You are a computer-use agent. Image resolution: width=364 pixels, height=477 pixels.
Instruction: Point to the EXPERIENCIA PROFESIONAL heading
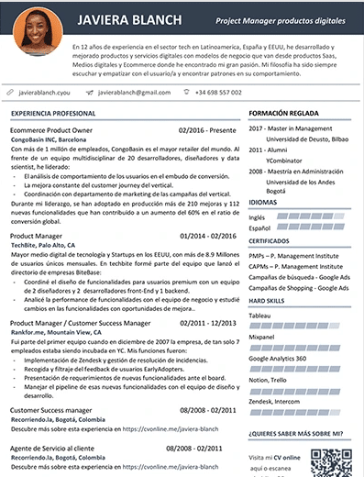(55, 113)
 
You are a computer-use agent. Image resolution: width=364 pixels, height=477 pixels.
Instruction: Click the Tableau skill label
(265, 312)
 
